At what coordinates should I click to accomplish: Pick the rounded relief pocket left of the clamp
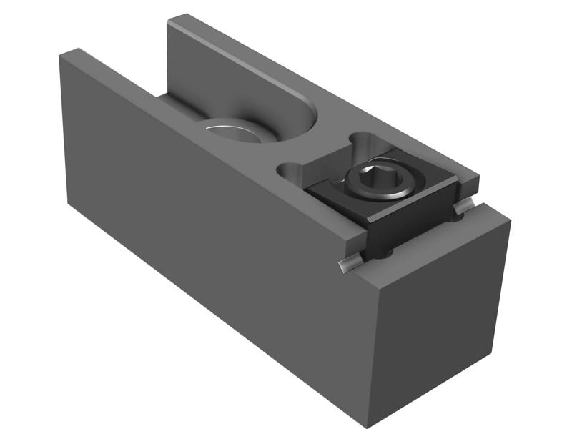point(290,172)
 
